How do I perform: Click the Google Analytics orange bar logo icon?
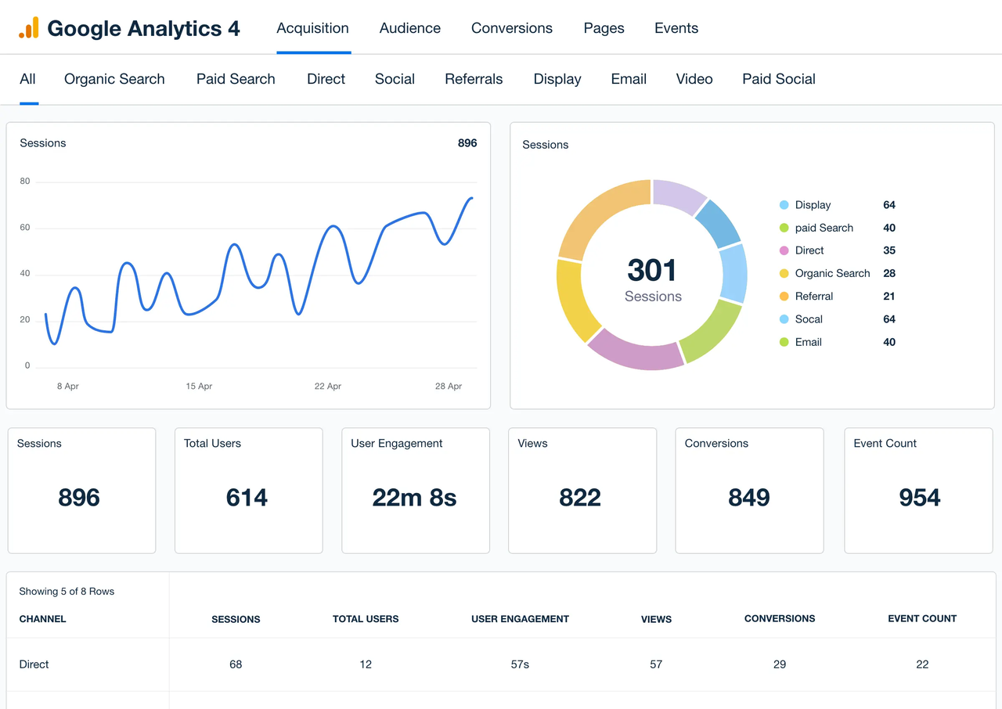(x=29, y=28)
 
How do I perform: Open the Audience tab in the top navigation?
(x=409, y=28)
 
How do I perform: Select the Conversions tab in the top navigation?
(x=511, y=28)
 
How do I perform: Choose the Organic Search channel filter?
(x=114, y=79)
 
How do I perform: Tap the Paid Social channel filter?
(x=778, y=79)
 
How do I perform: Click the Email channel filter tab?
(x=629, y=79)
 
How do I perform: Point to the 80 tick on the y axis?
(x=25, y=182)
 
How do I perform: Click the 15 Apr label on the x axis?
(x=199, y=387)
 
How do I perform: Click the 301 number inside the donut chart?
(x=652, y=271)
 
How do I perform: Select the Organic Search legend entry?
(x=832, y=273)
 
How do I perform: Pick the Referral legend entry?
(x=813, y=296)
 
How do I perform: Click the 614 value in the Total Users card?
(x=247, y=498)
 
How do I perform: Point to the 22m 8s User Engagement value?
(x=414, y=498)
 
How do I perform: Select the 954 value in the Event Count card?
(x=919, y=498)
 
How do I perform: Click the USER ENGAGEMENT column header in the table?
(x=520, y=619)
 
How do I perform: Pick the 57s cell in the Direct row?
(x=520, y=664)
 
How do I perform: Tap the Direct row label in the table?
(x=34, y=664)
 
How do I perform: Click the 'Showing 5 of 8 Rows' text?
(x=67, y=592)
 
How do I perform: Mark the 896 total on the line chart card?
(x=467, y=143)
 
